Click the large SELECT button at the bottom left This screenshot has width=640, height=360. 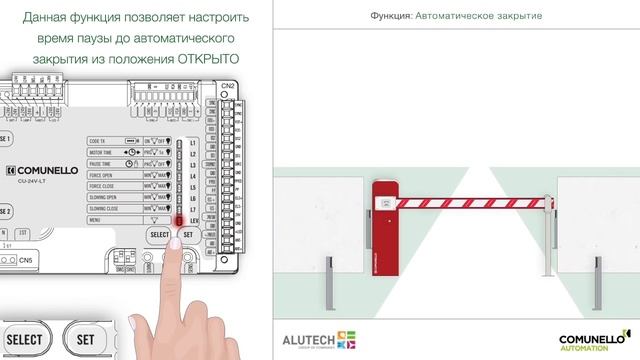25,340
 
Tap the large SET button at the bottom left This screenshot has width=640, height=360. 86,340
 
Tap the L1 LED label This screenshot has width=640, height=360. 192,142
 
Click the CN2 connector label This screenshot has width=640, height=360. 227,86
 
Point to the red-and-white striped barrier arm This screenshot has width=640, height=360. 474,202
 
